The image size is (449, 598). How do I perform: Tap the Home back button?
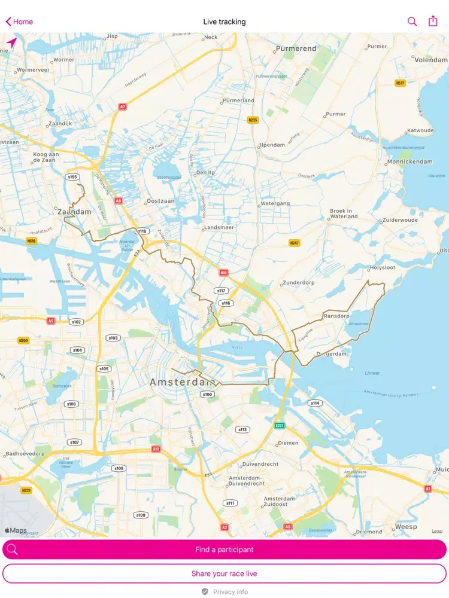[x=19, y=22]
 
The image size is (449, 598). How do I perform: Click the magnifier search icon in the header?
[x=412, y=22]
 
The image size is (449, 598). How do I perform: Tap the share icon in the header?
[x=433, y=21]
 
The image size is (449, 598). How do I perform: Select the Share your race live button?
[x=224, y=573]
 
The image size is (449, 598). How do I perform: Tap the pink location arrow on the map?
[x=11, y=43]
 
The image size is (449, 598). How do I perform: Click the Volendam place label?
[x=431, y=60]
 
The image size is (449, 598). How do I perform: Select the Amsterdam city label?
[x=182, y=382]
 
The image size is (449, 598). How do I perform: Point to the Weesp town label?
[x=406, y=527]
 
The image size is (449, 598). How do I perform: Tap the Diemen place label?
[x=288, y=443]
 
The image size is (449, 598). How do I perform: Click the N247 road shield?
[x=294, y=243]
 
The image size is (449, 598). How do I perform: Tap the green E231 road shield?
[x=280, y=425]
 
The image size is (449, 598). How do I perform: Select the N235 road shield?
[x=253, y=120]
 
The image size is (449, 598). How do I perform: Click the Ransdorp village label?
[x=336, y=316]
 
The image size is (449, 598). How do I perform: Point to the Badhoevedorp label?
[x=24, y=454]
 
